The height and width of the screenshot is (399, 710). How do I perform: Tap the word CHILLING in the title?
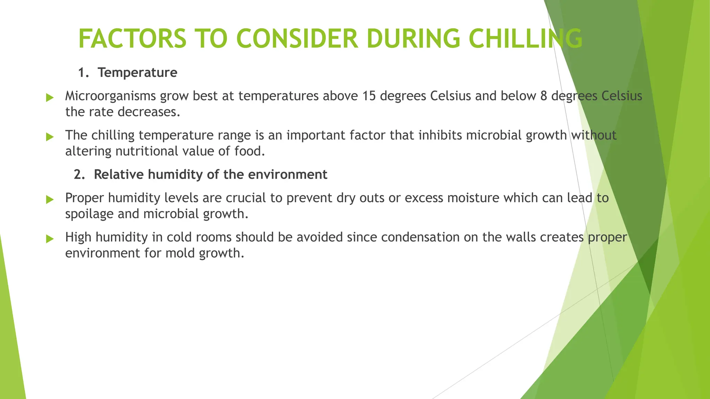tap(525, 38)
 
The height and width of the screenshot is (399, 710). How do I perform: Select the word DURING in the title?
tap(413, 38)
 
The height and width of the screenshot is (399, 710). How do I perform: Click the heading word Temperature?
tap(137, 73)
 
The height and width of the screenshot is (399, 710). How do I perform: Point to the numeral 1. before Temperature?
tap(83, 73)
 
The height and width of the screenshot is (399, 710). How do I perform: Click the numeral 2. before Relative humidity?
tap(79, 175)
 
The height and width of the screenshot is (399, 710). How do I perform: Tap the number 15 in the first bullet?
tap(369, 96)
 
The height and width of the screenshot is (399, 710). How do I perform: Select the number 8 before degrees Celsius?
tap(544, 96)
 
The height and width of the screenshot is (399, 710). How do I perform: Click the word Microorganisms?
tap(110, 96)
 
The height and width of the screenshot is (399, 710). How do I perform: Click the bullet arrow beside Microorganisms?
tap(50, 98)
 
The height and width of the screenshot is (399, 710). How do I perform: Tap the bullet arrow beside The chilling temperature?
tap(50, 137)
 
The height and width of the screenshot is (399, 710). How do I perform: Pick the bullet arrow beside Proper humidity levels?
tap(50, 199)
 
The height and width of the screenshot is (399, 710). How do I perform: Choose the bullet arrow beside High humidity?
tap(50, 239)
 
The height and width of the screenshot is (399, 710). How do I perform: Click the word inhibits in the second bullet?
tap(440, 135)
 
